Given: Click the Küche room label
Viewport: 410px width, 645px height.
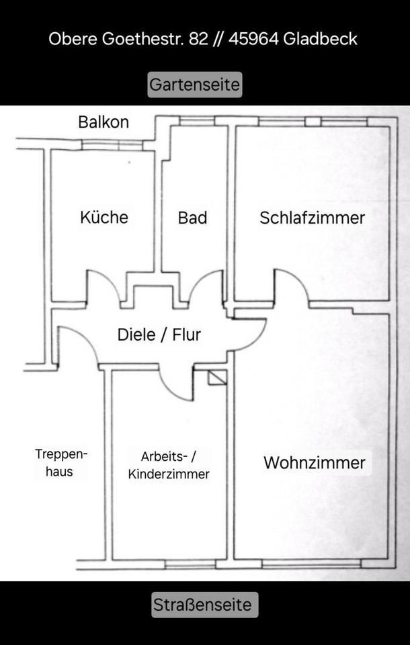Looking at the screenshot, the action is tap(104, 217).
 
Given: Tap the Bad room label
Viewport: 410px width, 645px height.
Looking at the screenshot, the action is tap(192, 218).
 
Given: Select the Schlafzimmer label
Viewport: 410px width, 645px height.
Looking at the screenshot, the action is tap(312, 218).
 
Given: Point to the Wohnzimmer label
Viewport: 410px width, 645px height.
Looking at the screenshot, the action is tap(315, 463).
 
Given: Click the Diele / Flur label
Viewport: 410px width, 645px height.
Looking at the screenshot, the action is tap(159, 335).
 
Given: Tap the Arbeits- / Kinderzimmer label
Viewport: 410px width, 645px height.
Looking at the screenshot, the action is tap(169, 465).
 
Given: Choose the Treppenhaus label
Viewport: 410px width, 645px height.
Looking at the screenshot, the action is tap(61, 463).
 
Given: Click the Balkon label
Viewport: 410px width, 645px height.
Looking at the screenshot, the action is tap(104, 122).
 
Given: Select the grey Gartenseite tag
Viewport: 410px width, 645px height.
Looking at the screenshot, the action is tap(195, 85).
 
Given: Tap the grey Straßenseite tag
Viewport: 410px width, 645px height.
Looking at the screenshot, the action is tap(205, 605).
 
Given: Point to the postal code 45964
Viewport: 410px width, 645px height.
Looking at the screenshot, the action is tap(253, 39).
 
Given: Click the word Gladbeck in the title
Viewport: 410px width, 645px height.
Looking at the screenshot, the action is tap(320, 39).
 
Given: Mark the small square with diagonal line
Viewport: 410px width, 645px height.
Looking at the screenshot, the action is tap(217, 378).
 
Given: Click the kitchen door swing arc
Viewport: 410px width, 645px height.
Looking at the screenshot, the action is tap(104, 286).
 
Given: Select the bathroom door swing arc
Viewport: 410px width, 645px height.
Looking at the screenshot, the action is tap(206, 286).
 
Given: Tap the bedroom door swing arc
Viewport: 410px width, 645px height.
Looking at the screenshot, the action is tap(292, 286).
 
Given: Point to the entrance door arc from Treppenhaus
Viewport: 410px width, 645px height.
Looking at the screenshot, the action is tap(78, 345).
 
